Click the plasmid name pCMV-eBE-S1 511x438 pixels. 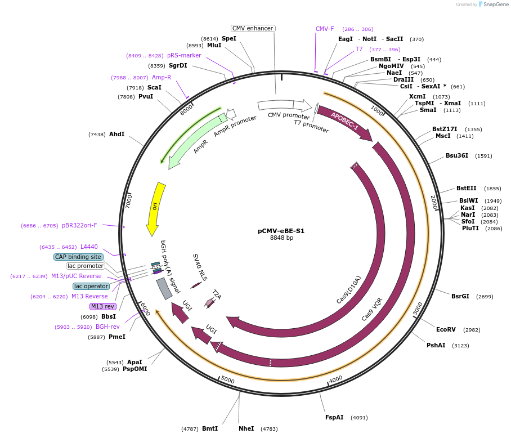tap(281, 231)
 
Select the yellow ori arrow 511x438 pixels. tap(156, 208)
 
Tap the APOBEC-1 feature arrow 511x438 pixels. tap(344, 122)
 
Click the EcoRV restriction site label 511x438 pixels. tap(446, 330)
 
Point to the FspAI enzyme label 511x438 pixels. tap(334, 418)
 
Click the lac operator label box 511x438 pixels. tap(91, 286)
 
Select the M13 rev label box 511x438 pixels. tap(102, 306)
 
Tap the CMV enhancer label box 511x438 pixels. tap(253, 28)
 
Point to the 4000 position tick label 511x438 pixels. tap(335, 379)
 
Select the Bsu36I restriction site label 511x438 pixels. tap(457, 155)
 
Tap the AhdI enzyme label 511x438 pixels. tap(116, 135)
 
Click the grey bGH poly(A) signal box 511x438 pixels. tap(164, 288)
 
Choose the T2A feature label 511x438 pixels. tap(217, 294)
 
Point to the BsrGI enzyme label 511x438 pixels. tap(460, 296)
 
